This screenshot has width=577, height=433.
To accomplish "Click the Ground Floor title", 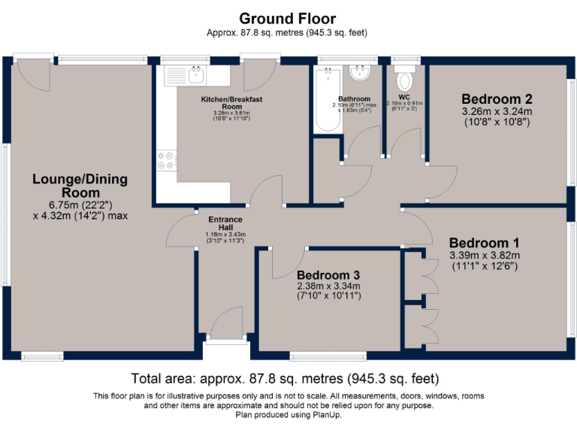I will [288, 18].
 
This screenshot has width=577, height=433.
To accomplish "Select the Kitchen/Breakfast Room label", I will [231, 103].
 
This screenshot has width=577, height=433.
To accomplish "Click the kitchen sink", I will [198, 74].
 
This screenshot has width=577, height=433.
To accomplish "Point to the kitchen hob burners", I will [165, 160].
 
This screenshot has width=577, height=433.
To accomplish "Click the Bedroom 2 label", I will [497, 99].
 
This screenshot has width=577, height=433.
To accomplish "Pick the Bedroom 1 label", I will [484, 243].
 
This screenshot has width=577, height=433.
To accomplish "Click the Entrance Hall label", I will [225, 224].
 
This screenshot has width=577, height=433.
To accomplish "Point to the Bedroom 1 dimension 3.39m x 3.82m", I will [485, 255].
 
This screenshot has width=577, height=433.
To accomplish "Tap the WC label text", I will [403, 97].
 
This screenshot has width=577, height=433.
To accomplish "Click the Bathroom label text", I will [354, 98].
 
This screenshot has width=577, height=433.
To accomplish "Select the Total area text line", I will [285, 378].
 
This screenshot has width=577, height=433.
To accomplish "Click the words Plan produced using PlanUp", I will [288, 414].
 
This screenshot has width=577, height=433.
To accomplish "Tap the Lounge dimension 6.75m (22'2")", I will [80, 203].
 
